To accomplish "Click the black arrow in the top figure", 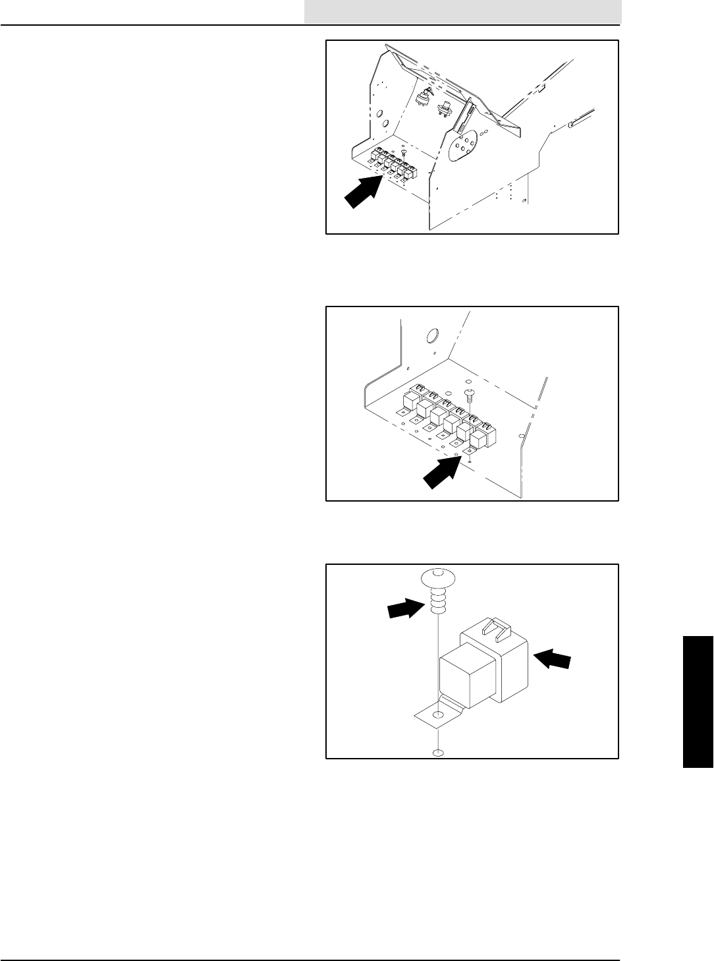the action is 361,191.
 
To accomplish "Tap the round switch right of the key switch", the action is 445,109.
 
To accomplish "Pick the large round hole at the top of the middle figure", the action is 433,337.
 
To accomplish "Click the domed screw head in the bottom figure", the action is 435,578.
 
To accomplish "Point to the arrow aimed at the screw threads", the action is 404,608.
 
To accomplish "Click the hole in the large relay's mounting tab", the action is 437,714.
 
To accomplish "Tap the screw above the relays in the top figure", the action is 403,154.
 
